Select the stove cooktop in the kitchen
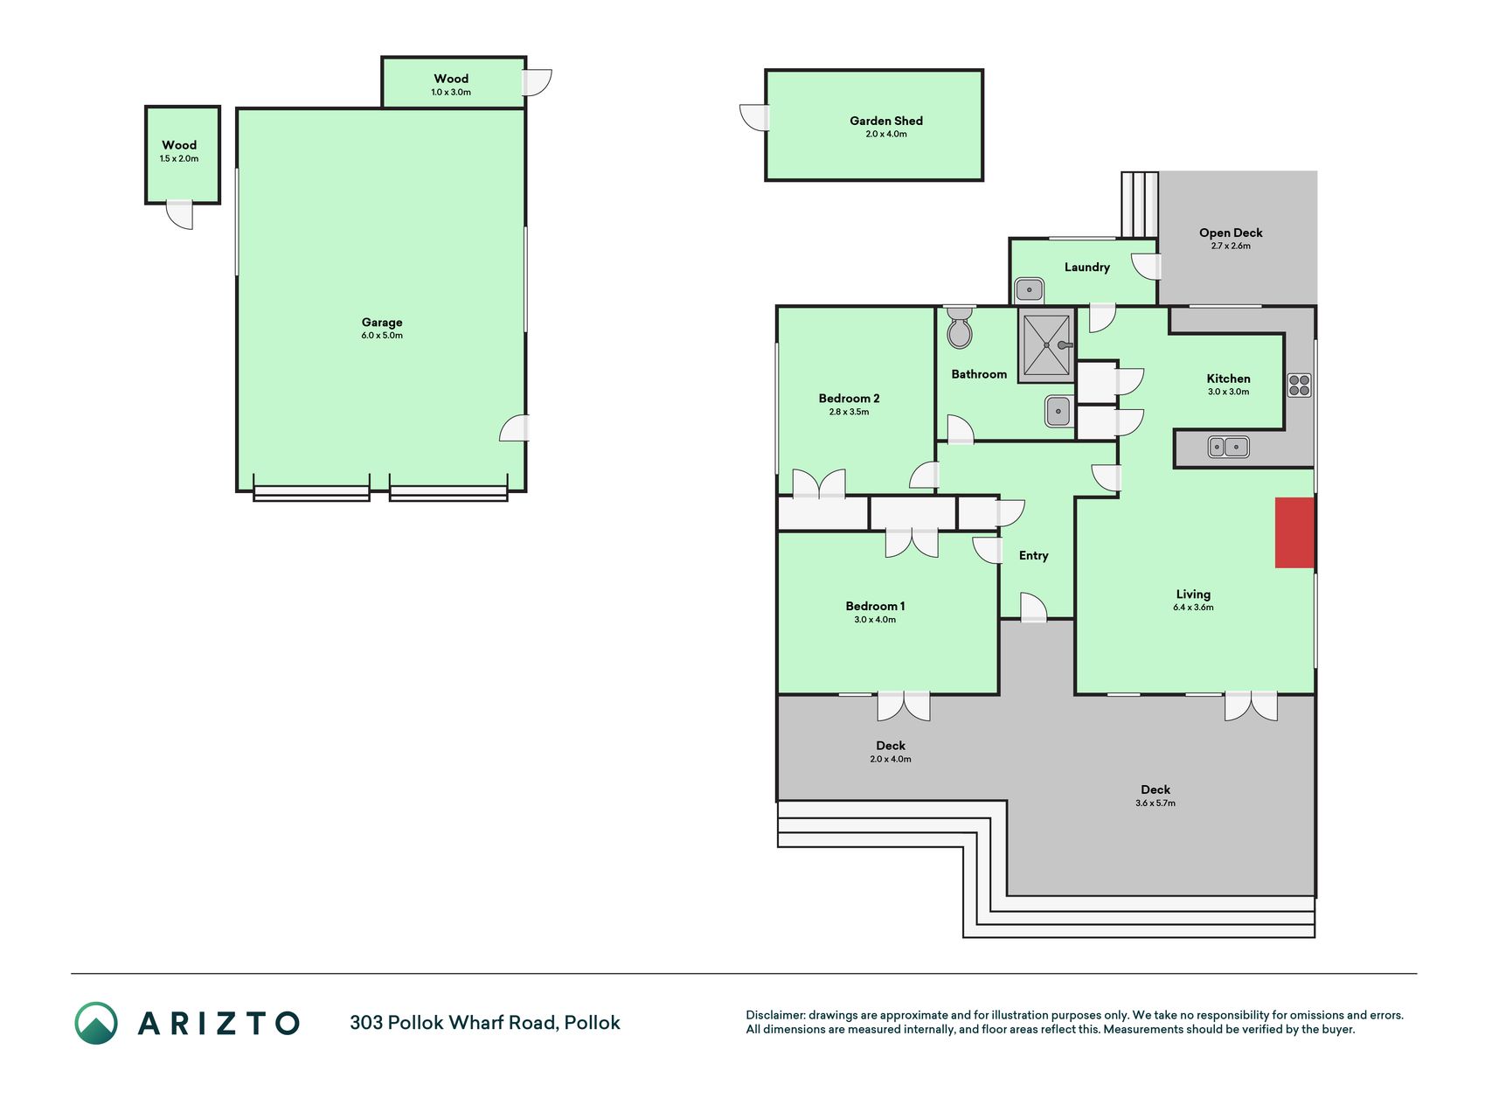coord(1299,385)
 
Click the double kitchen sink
coord(1228,447)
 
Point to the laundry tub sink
coord(1030,289)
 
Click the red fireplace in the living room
coord(1294,532)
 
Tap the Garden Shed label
coord(886,121)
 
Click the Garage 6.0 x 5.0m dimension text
coord(382,336)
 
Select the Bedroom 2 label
coord(849,399)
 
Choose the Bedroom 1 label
coord(875,606)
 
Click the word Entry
coord(1033,556)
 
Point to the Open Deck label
coord(1231,233)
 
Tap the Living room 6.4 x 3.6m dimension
coord(1193,608)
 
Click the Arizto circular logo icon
coord(96,1023)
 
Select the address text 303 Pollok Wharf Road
coord(453,1023)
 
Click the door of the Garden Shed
coord(754,118)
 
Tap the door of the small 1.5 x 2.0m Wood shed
coord(180,215)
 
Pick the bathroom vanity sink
coord(1058,411)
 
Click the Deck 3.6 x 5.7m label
coord(1155,789)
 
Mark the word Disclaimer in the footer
coord(774,1015)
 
